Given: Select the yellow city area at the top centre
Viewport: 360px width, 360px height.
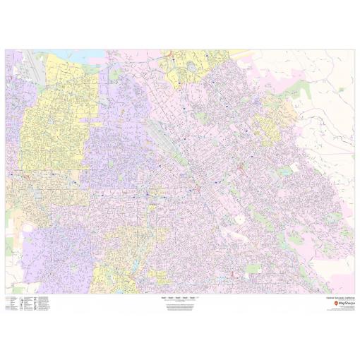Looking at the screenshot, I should click(187, 67).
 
